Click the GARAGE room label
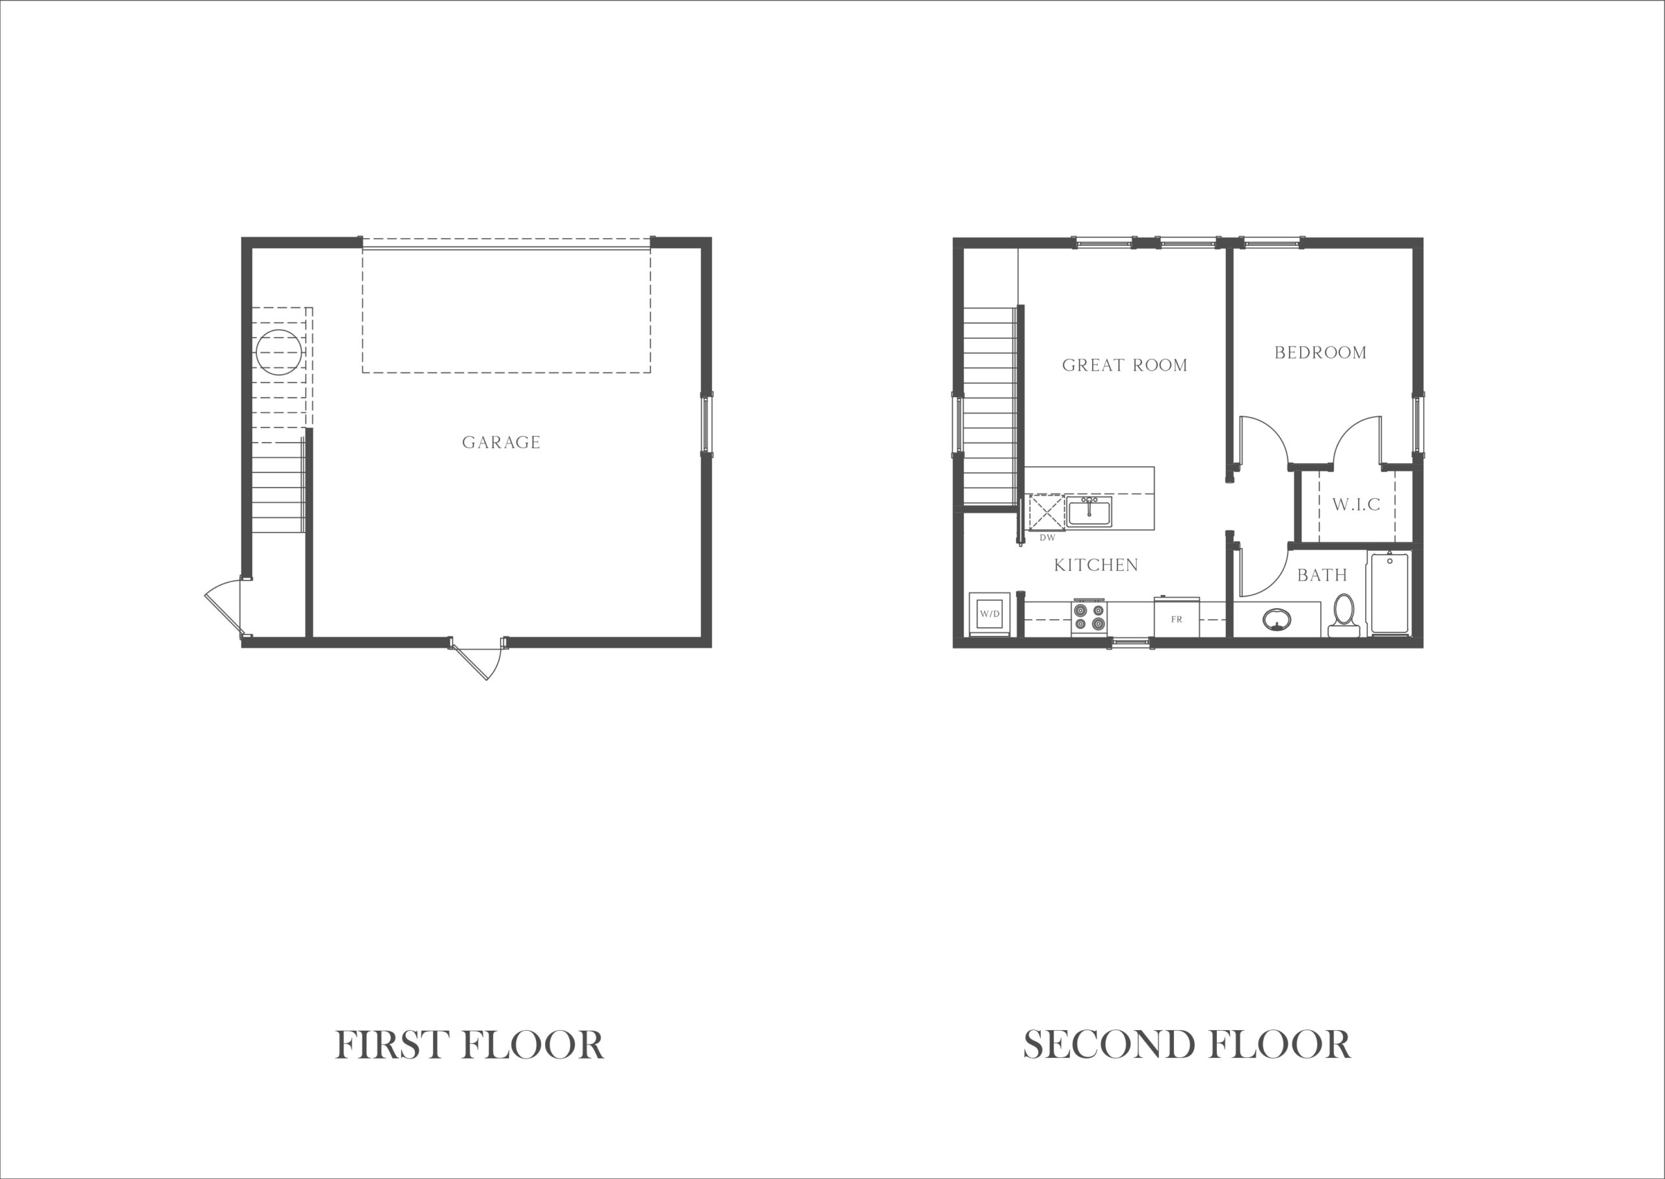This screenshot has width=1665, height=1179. [501, 442]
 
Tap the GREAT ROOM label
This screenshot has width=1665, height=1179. [1125, 365]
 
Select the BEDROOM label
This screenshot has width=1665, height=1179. [1320, 353]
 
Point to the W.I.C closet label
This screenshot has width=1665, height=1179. [1355, 505]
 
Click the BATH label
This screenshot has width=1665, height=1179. [1322, 576]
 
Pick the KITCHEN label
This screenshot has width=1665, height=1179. [1096, 565]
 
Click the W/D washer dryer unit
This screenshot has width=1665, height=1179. [989, 614]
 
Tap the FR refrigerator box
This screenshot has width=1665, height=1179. [1177, 618]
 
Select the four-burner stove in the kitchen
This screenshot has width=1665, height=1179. [1089, 618]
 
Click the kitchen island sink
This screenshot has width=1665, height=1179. [1089, 511]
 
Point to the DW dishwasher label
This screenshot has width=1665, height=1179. [1047, 538]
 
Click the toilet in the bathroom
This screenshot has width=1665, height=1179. [1343, 617]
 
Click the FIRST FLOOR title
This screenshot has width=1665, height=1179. [469, 1046]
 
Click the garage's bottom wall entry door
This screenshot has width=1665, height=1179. [477, 657]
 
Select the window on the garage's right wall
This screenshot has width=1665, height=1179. [706, 424]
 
